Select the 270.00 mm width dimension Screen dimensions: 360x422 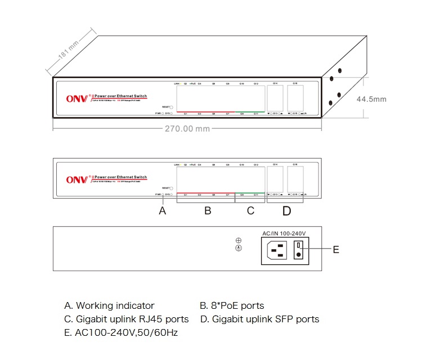click(187, 129)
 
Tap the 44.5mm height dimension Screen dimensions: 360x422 click(371, 99)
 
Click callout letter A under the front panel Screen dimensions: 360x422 click(163, 211)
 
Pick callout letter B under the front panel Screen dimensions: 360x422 click(207, 211)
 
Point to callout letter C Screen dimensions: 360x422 click(250, 211)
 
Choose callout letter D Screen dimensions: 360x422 click(286, 211)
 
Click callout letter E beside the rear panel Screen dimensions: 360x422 click(335, 249)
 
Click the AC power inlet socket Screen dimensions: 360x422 click(279, 249)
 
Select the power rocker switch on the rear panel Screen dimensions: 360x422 click(300, 249)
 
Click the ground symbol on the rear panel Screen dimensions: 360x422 click(238, 247)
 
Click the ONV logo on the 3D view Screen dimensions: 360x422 click(78, 99)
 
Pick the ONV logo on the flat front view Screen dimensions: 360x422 click(78, 179)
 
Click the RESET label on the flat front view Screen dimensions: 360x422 click(165, 187)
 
